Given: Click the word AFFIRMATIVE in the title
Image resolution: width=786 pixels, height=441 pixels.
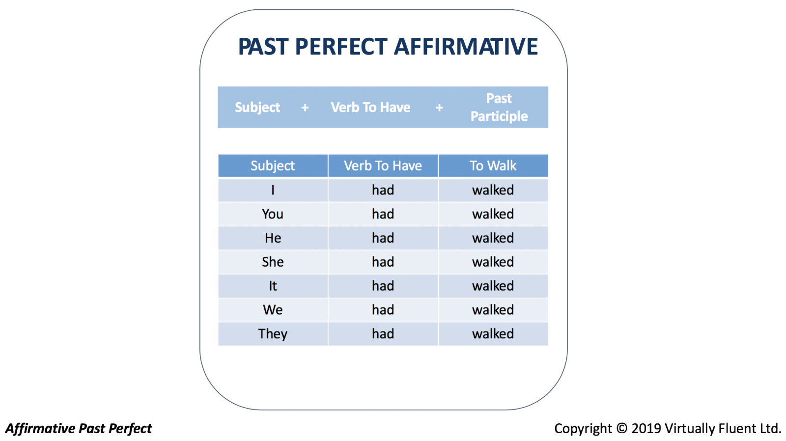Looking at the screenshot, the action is [x=466, y=47].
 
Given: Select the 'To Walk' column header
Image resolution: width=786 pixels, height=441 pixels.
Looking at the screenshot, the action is [x=493, y=165].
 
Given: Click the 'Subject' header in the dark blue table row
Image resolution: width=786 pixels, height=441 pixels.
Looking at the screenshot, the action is [x=273, y=165].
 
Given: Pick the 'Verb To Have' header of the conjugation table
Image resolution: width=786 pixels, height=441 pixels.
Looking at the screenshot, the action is [x=383, y=165].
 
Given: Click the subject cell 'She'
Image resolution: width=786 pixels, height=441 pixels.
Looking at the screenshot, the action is [x=273, y=262].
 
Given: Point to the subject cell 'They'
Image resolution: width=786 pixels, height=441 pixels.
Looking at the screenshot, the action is [x=273, y=333].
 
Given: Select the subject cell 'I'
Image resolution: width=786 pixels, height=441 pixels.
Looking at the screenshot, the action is [x=273, y=190].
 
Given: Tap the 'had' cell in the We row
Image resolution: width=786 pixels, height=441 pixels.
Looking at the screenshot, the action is [x=383, y=310].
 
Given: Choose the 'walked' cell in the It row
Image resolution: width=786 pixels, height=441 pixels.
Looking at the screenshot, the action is [x=493, y=286].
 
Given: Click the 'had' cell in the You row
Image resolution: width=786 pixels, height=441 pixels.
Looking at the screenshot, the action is [x=383, y=214].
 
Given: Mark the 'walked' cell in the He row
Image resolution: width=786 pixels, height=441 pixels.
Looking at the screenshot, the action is [x=493, y=238].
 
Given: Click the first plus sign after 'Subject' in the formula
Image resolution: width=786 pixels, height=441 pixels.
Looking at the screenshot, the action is [x=305, y=108].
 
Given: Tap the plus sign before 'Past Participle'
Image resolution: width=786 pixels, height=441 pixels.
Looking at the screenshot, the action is [x=439, y=108].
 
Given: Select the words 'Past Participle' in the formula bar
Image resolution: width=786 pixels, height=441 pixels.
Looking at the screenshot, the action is [x=499, y=108].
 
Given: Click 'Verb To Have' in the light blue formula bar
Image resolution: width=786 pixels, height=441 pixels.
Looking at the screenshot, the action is [x=370, y=108].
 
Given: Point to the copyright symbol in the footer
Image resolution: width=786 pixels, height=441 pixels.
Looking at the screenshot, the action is [x=621, y=428].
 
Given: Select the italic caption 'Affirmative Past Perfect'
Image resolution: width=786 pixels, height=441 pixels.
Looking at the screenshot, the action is [x=79, y=428].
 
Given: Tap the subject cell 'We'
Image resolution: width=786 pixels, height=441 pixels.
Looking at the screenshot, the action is [x=273, y=310].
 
